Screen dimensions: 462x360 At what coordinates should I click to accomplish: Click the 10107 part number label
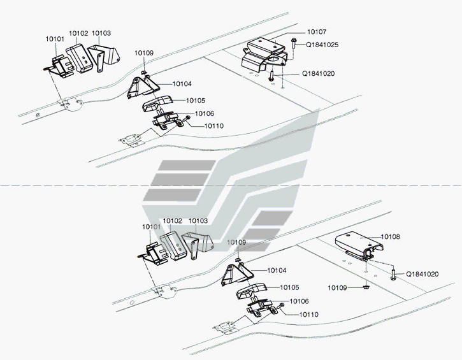click(x=317, y=32)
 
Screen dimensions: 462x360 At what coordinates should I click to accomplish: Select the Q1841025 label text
click(x=322, y=45)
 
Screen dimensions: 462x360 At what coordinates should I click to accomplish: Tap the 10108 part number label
click(x=391, y=236)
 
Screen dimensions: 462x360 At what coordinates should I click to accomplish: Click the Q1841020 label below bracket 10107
click(x=319, y=73)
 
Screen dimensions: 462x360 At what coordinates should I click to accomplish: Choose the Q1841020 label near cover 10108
click(x=422, y=274)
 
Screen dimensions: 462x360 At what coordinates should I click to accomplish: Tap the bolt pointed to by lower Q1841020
click(x=393, y=274)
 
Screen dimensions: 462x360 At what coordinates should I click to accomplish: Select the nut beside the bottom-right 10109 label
click(x=366, y=286)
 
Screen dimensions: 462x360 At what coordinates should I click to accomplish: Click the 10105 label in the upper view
click(x=196, y=101)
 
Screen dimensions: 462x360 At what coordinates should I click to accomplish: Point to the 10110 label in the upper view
click(x=214, y=126)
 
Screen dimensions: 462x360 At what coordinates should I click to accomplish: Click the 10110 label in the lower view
click(x=309, y=315)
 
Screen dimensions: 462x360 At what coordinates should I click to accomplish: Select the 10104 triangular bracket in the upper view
click(x=143, y=87)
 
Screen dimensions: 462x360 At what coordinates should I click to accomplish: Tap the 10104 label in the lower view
click(x=277, y=270)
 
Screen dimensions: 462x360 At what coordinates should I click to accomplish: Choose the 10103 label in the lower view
click(x=198, y=220)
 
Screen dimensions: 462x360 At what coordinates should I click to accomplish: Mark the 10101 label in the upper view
click(x=55, y=39)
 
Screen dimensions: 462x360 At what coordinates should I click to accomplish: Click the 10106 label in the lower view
click(x=300, y=301)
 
